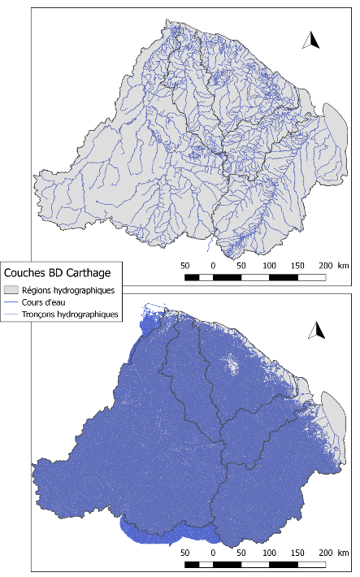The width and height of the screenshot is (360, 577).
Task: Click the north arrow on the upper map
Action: click(x=310, y=40)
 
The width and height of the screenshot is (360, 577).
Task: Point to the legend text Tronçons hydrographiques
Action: click(x=70, y=313)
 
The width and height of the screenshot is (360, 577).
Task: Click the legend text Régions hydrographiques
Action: click(x=68, y=289)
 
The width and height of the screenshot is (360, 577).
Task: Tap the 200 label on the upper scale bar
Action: click(x=324, y=266)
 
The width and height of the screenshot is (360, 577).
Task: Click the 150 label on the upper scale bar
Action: click(x=297, y=266)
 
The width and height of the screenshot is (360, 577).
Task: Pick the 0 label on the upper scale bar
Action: click(x=213, y=266)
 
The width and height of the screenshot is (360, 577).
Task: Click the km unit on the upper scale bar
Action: click(x=344, y=266)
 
